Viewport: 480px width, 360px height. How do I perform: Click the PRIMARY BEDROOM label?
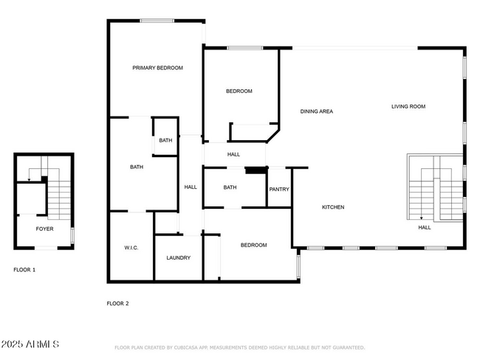(x=157, y=68)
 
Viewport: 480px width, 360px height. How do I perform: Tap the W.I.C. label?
(x=131, y=248)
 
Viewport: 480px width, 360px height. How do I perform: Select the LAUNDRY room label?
(x=179, y=258)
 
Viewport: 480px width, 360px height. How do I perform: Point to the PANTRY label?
(x=279, y=190)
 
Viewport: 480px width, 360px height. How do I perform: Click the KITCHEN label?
(x=333, y=207)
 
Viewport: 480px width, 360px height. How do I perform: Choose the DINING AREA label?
(x=317, y=111)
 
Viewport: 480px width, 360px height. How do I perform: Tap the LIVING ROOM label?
(x=408, y=106)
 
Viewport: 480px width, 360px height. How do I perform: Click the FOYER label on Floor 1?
(x=45, y=229)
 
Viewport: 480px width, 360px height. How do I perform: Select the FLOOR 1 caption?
(x=24, y=270)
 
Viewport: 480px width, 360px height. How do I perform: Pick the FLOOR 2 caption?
(x=118, y=303)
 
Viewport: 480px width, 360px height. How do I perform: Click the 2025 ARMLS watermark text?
(x=30, y=344)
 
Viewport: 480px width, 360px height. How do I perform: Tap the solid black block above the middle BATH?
(x=256, y=170)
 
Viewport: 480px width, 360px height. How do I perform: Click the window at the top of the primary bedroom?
(x=157, y=21)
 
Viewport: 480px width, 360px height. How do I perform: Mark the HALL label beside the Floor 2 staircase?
(x=425, y=227)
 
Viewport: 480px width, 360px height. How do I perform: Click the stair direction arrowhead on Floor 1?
(x=29, y=180)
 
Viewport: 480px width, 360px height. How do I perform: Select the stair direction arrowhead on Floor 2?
(x=422, y=218)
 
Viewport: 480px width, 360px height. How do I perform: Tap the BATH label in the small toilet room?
(x=165, y=140)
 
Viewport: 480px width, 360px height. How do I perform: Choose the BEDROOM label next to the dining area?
(x=239, y=91)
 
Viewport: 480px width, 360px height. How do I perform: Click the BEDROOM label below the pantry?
(x=254, y=245)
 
